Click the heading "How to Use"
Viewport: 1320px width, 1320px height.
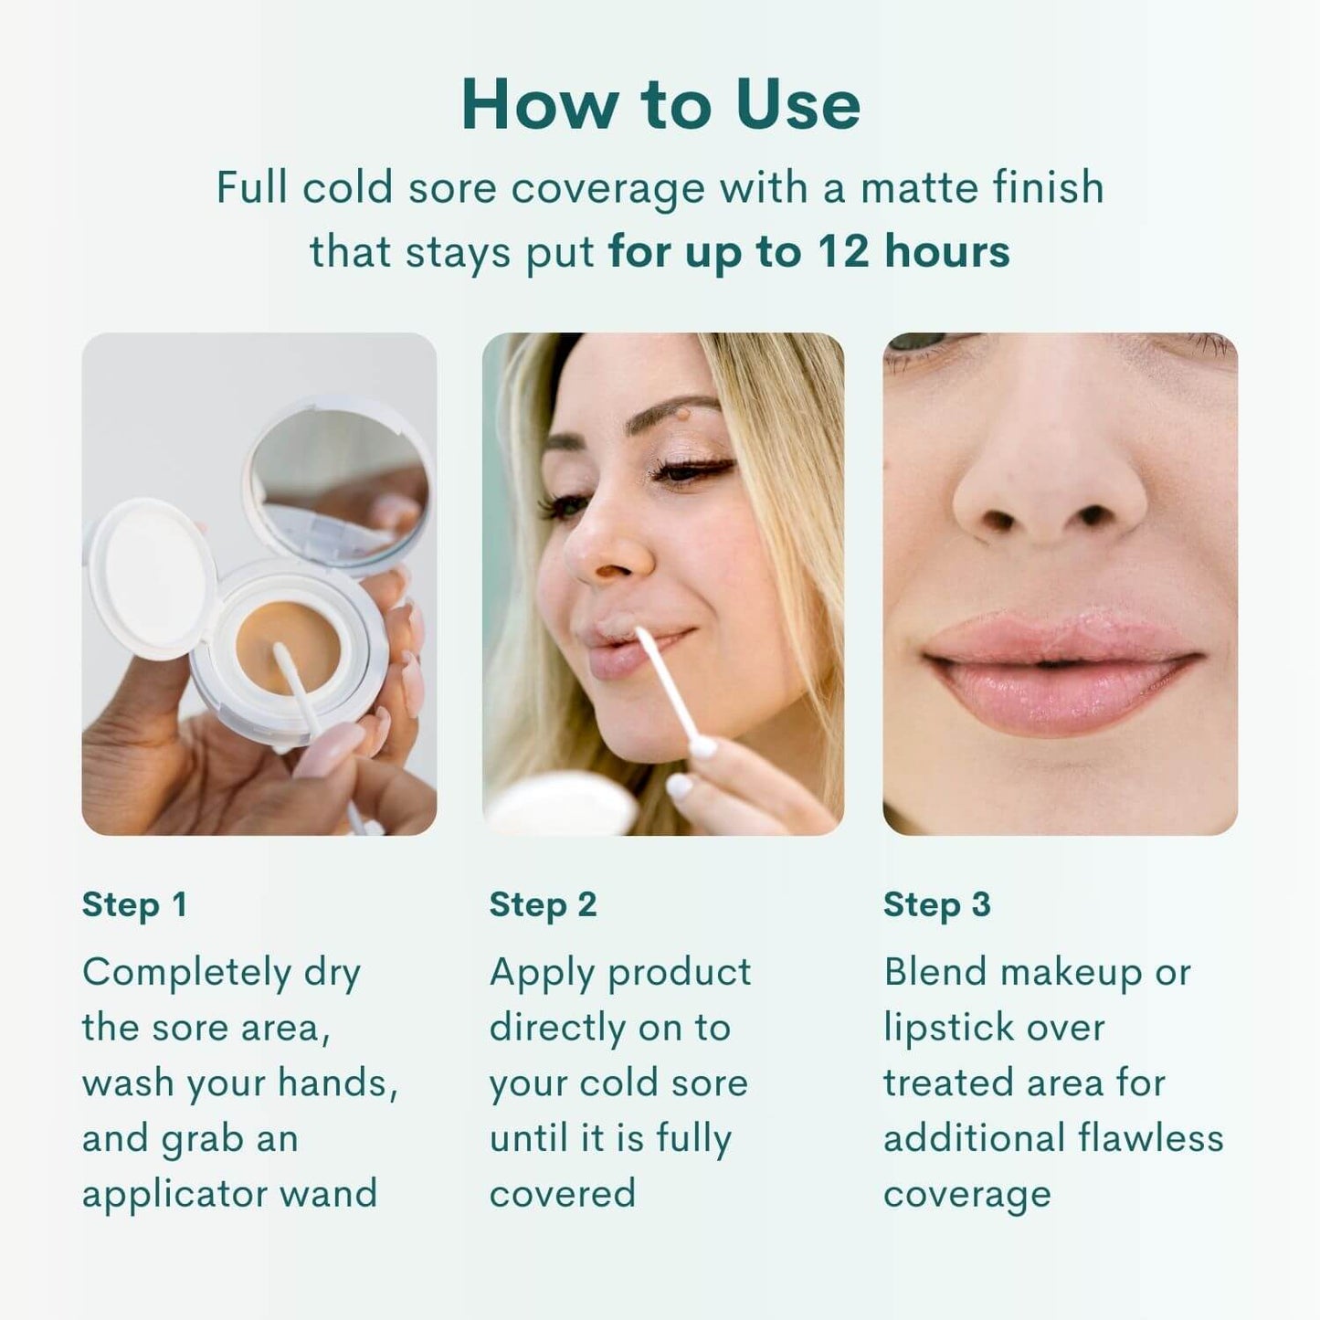click(x=660, y=104)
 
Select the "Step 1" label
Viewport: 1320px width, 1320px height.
click(x=134, y=905)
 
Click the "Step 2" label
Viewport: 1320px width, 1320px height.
click(x=543, y=905)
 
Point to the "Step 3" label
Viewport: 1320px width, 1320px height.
click(x=936, y=905)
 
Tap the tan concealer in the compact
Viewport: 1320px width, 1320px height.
click(x=288, y=647)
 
